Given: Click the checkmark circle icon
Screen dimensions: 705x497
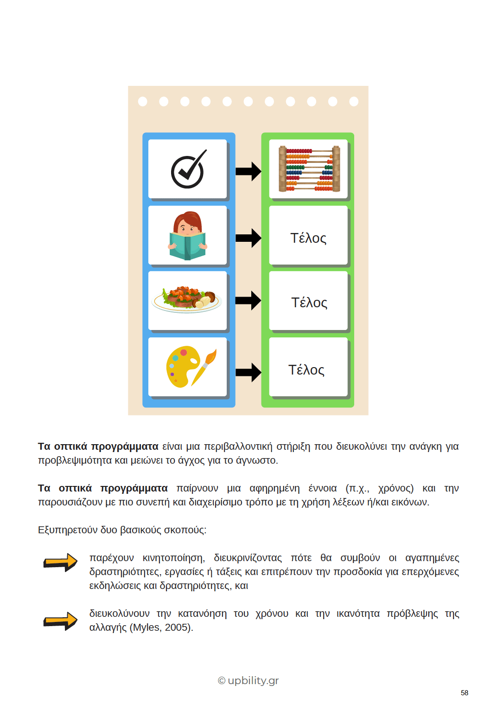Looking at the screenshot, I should point(188,169).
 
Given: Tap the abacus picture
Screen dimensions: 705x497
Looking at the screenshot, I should point(309,169).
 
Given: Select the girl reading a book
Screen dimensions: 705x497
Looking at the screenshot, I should point(187,236).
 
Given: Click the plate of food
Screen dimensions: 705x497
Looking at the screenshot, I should point(186,299).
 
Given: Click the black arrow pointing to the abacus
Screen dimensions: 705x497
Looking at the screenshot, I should point(248,171).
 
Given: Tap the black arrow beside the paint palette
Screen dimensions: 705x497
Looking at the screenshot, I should point(248,372).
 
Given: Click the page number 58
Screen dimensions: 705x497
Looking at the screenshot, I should point(465,692).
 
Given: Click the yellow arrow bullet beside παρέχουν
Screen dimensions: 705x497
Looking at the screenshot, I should point(60,562).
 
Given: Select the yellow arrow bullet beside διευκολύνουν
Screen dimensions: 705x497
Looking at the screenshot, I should point(60,621).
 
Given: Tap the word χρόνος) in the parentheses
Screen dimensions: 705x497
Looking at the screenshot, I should point(395,488).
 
